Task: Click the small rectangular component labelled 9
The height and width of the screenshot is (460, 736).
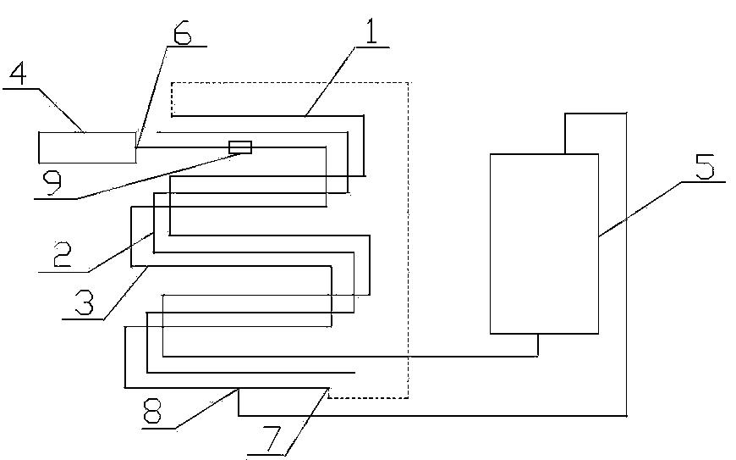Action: click(x=241, y=147)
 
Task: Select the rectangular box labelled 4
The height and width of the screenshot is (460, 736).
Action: click(x=87, y=147)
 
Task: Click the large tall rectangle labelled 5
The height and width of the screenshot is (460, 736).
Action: click(x=544, y=243)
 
